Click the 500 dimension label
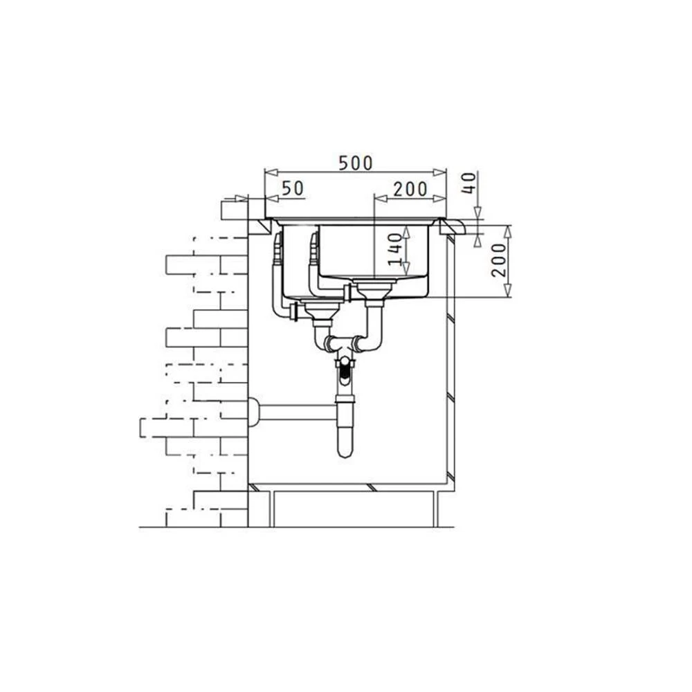(x=355, y=163)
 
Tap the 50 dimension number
(x=293, y=188)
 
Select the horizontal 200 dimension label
(x=410, y=190)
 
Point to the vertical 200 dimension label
(x=499, y=260)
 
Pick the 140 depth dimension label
(x=395, y=249)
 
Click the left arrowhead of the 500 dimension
(x=270, y=172)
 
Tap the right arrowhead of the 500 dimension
(x=440, y=172)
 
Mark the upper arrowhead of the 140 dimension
(x=406, y=233)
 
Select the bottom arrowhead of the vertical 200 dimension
(x=508, y=291)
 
